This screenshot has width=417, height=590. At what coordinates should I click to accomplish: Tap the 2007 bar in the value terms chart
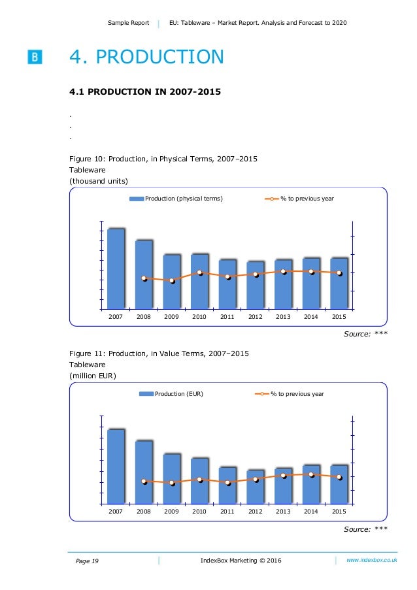(x=116, y=467)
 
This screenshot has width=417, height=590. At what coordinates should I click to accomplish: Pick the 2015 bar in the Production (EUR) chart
(x=339, y=484)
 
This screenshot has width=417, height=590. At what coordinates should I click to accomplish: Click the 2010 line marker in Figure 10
(x=200, y=272)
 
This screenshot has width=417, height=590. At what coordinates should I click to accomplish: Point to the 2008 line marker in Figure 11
(x=144, y=482)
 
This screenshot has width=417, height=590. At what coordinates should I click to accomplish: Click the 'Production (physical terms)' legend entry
(x=176, y=199)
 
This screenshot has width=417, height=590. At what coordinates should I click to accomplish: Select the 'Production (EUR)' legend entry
(x=171, y=394)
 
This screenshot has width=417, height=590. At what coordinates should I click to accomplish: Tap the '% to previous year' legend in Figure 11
(x=288, y=394)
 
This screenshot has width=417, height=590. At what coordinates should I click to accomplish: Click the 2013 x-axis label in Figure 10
(x=283, y=317)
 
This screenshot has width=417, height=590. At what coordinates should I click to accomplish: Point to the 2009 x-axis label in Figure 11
(x=172, y=512)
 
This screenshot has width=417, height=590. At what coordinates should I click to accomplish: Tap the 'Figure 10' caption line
(x=163, y=158)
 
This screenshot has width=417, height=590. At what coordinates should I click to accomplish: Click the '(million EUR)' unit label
(x=93, y=376)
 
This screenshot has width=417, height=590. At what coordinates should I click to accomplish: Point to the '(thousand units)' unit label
(x=99, y=180)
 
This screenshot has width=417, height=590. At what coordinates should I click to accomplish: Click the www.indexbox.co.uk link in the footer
(x=372, y=560)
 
